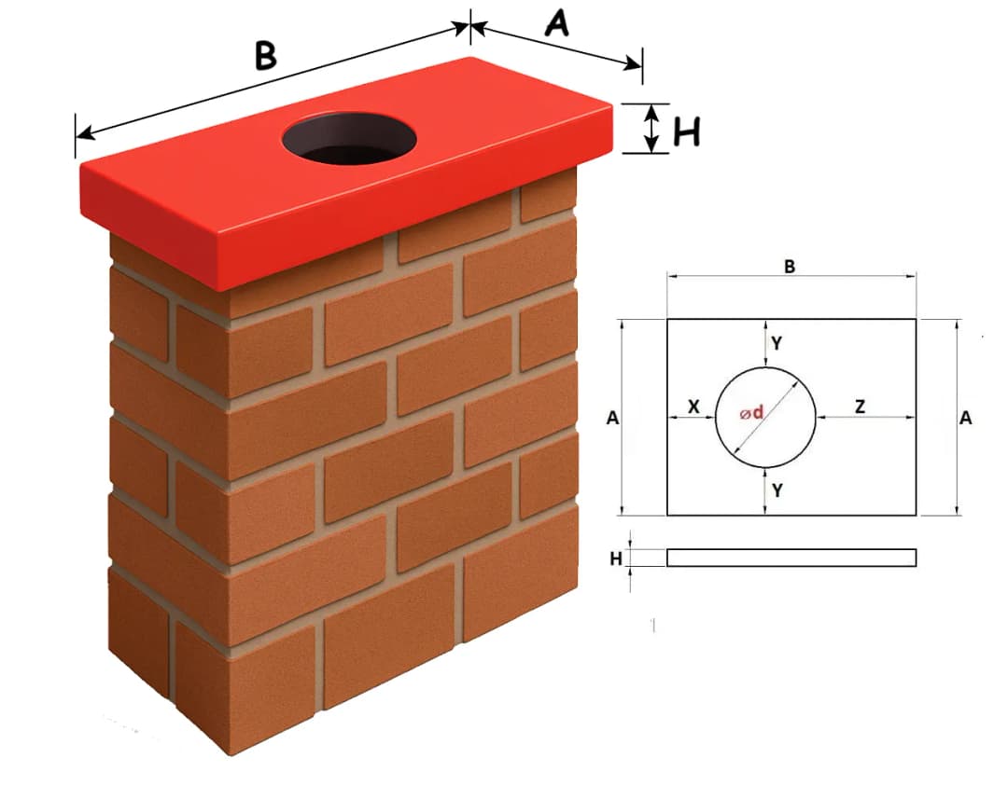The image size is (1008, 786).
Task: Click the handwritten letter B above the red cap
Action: click(x=266, y=55)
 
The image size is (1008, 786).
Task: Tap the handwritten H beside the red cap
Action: click(x=687, y=132)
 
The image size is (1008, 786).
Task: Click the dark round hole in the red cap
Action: click(x=349, y=139)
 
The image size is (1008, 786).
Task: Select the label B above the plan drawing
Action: click(x=790, y=267)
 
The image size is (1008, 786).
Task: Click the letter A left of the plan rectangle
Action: click(x=612, y=419)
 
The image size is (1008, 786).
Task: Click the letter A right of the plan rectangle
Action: click(x=966, y=419)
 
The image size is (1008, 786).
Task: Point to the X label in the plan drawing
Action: click(x=693, y=407)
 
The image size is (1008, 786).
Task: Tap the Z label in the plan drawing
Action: click(x=860, y=407)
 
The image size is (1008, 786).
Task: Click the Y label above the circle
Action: click(x=777, y=343)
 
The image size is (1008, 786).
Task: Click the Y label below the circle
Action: click(x=777, y=490)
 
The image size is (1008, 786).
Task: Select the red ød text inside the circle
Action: click(x=751, y=413)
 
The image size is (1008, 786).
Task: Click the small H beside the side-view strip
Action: click(x=615, y=558)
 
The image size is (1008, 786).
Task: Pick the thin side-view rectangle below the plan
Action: click(x=791, y=558)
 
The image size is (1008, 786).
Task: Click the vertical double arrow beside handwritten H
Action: click(x=654, y=128)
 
